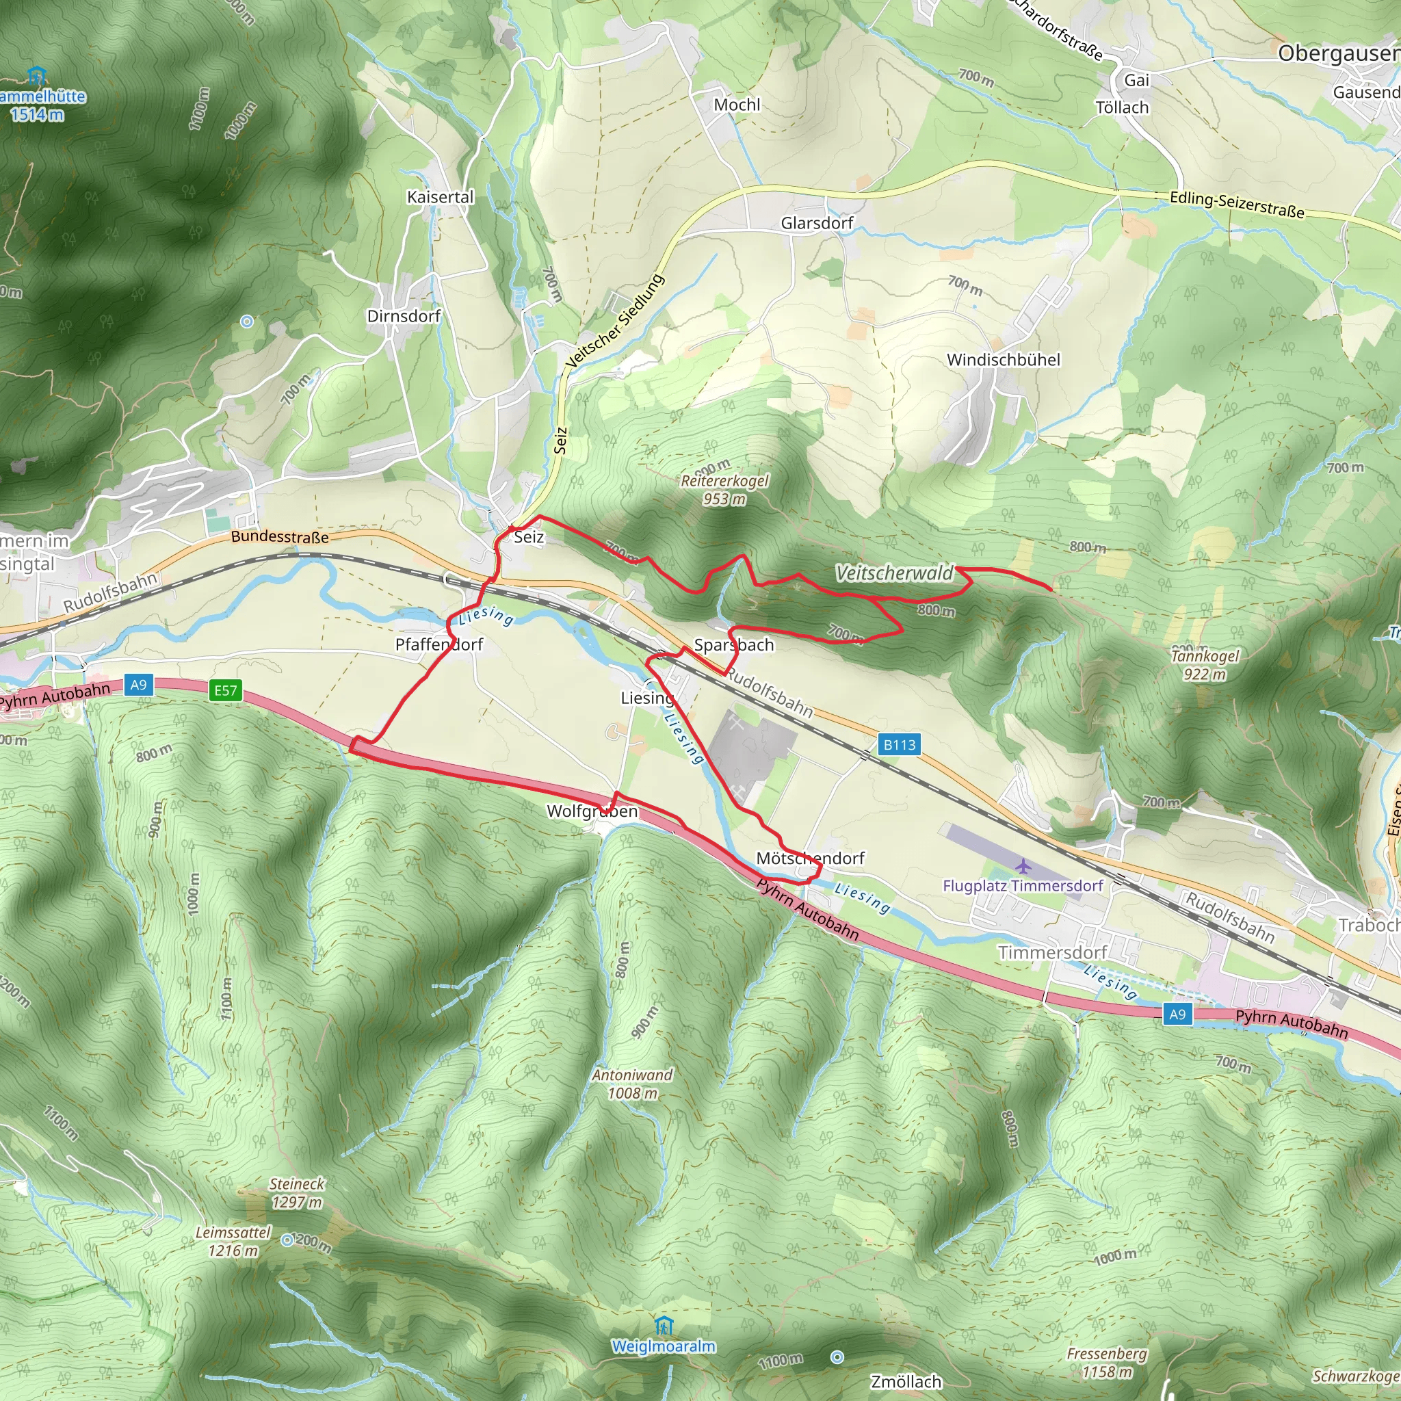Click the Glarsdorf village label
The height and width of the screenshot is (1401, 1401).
(x=817, y=223)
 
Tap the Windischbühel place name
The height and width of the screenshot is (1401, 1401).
(x=1003, y=360)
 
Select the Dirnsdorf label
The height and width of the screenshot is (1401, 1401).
(x=404, y=316)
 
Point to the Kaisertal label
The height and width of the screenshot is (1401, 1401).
(x=440, y=197)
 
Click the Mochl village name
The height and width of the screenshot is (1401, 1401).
(x=737, y=105)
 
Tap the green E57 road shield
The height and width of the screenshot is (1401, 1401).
(x=226, y=690)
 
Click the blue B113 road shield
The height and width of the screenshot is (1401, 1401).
(x=899, y=745)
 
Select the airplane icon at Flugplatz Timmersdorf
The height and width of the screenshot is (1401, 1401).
(x=1023, y=866)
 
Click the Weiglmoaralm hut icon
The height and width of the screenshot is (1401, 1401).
(x=664, y=1326)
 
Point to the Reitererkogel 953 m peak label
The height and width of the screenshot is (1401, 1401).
(x=724, y=490)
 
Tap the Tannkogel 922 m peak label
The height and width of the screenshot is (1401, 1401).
(x=1205, y=665)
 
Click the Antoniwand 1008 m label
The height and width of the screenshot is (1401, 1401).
(x=632, y=1084)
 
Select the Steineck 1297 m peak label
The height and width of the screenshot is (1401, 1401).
(x=297, y=1193)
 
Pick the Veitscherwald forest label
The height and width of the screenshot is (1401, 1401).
(x=895, y=573)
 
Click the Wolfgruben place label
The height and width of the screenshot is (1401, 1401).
(x=592, y=811)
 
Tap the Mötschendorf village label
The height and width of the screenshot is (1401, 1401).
(x=810, y=858)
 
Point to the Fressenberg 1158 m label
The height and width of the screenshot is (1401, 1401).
(x=1107, y=1363)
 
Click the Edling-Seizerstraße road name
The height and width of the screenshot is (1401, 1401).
(x=1237, y=205)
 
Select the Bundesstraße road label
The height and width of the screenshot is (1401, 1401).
(x=280, y=537)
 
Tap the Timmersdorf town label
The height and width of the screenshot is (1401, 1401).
(x=1052, y=952)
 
